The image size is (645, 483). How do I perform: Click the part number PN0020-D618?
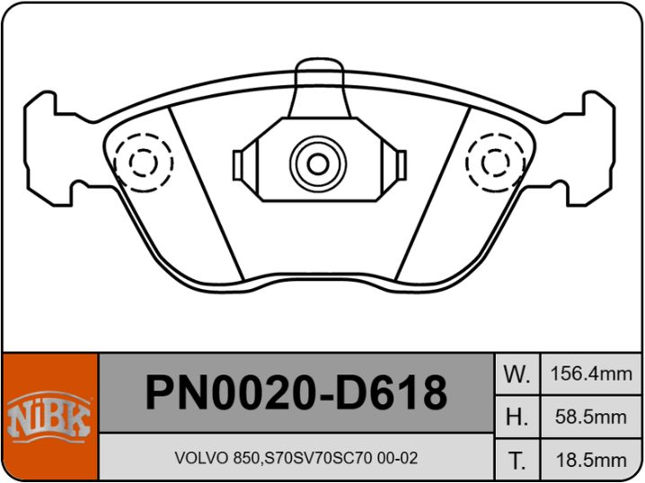(x=296, y=393)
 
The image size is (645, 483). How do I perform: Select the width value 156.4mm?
(x=592, y=373)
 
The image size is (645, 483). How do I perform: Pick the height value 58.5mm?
(x=592, y=417)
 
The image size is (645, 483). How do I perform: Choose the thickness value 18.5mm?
(x=592, y=461)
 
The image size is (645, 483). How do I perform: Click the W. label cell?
(x=517, y=373)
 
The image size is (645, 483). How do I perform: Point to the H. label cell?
(x=517, y=417)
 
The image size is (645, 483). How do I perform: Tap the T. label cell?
(x=517, y=461)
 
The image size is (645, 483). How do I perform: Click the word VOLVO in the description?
(x=197, y=459)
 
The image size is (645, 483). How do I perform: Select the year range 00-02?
(x=397, y=459)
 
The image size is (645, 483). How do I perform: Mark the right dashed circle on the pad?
(x=496, y=162)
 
